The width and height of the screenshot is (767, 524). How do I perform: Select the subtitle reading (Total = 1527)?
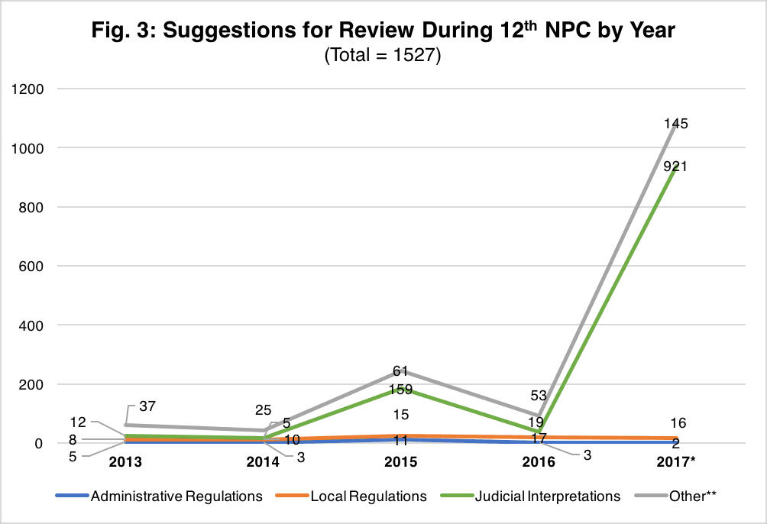pyautogui.click(x=383, y=56)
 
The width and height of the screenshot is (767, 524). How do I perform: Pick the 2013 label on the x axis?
pyautogui.click(x=126, y=463)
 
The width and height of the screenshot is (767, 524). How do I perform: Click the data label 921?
pyautogui.click(x=675, y=167)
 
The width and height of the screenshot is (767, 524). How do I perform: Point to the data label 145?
pyautogui.click(x=675, y=124)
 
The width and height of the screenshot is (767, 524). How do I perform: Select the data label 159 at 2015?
pyautogui.click(x=400, y=390)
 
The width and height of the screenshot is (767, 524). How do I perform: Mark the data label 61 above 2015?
pyautogui.click(x=400, y=371)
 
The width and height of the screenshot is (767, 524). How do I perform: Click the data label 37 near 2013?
pyautogui.click(x=147, y=406)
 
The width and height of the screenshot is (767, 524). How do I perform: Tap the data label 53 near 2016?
pyautogui.click(x=539, y=395)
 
